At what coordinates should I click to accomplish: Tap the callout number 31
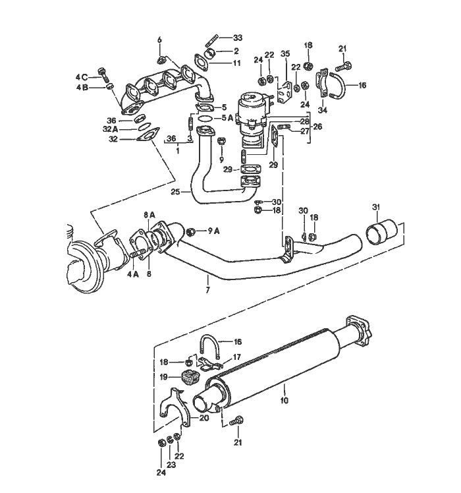(x=377, y=208)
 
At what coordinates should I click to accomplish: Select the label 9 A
(x=213, y=231)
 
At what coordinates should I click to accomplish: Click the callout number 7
(x=207, y=290)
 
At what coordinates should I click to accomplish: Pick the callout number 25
(x=175, y=192)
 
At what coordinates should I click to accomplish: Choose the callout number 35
(x=285, y=54)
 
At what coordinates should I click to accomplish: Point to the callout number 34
(x=322, y=110)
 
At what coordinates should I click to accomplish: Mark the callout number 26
(x=318, y=127)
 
